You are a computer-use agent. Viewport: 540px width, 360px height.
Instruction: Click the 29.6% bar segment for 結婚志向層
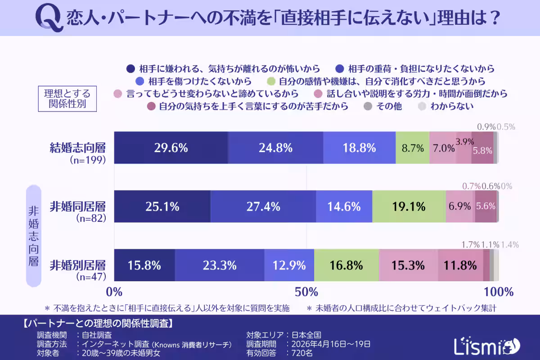[x=171, y=148]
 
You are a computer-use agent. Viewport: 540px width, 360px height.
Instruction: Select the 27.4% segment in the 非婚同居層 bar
[x=263, y=207]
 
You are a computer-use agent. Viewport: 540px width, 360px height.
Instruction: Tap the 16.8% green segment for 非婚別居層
[x=346, y=265]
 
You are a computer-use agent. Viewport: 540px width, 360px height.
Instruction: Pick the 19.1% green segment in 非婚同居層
[x=409, y=207]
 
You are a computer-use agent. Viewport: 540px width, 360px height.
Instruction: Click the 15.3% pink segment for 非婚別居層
[x=408, y=265]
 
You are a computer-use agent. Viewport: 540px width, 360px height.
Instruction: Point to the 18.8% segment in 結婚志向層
[x=359, y=148]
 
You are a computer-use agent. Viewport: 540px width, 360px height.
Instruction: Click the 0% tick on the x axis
[x=115, y=292]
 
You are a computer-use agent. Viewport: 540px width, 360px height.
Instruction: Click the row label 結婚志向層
[x=77, y=147]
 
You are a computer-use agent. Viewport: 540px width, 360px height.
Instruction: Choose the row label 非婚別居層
[x=77, y=264]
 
